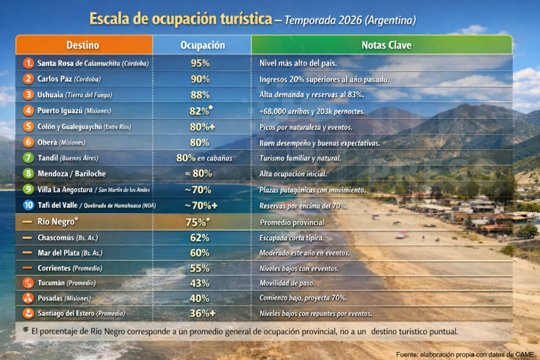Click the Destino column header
pos(87,45)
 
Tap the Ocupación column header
pos(202,45)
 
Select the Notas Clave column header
pos(382,45)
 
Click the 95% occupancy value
pos(201,63)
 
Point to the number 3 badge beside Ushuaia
pos(28,94)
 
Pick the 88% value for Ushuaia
pos(201,94)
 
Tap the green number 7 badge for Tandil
pos(28,157)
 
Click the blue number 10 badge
pos(28,205)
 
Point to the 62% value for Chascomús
pos(201,237)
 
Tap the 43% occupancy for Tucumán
pos(201,283)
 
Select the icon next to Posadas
pos(28,298)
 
